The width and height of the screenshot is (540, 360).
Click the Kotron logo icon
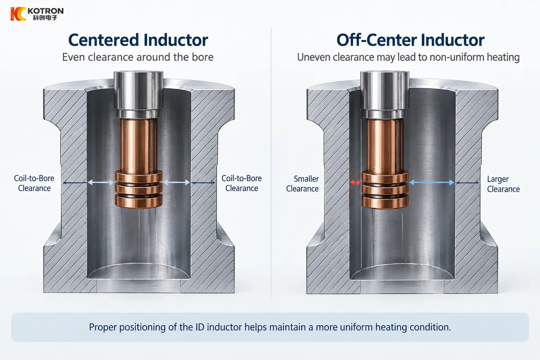(x=18, y=14)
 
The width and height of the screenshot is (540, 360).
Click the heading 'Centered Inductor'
(x=138, y=40)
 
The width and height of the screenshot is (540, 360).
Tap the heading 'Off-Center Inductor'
(x=411, y=40)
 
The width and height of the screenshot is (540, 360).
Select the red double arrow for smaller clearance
(x=355, y=182)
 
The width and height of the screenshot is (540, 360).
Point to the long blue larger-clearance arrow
(x=432, y=182)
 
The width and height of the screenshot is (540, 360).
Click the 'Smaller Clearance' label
(x=302, y=184)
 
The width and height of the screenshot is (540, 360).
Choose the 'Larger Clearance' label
(x=503, y=184)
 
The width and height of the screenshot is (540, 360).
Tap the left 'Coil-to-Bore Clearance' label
(x=34, y=183)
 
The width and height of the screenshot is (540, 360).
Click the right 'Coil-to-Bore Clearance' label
(x=242, y=183)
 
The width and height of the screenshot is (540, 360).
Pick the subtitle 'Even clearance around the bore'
(x=138, y=57)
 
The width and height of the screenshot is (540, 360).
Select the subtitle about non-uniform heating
(x=408, y=58)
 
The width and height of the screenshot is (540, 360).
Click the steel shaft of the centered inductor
(x=139, y=94)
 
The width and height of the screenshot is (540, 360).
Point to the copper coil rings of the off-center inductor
(x=385, y=189)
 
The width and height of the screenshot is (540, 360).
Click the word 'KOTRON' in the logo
(x=46, y=11)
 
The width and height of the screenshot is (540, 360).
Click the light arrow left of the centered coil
(x=101, y=182)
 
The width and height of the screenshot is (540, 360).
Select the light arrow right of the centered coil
(x=176, y=182)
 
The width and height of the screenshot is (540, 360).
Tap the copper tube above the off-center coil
(x=385, y=146)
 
